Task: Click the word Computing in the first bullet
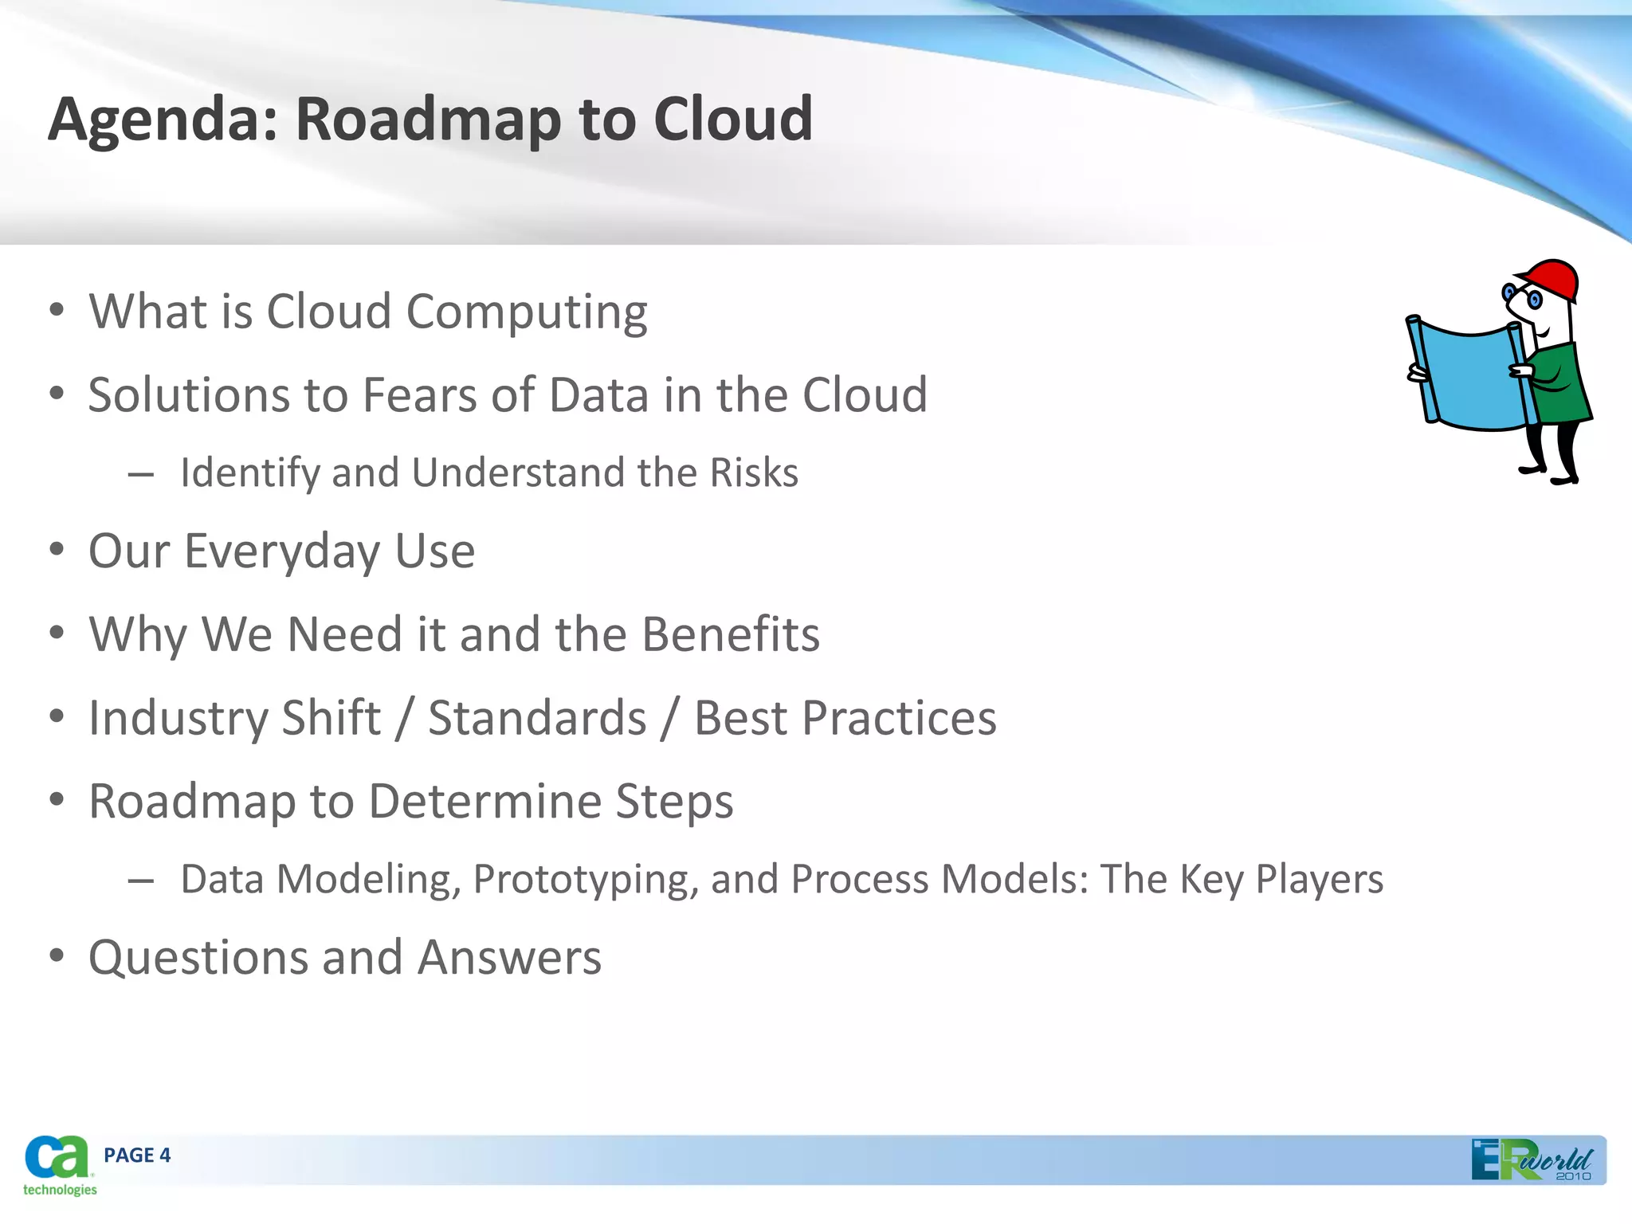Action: click(x=527, y=312)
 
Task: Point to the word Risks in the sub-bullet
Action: click(x=753, y=473)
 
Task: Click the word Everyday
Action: click(x=282, y=551)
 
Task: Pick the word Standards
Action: click(x=537, y=718)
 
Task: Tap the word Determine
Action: click(x=484, y=802)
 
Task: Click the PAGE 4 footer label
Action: click(x=137, y=1155)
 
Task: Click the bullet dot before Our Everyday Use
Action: click(x=56, y=550)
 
